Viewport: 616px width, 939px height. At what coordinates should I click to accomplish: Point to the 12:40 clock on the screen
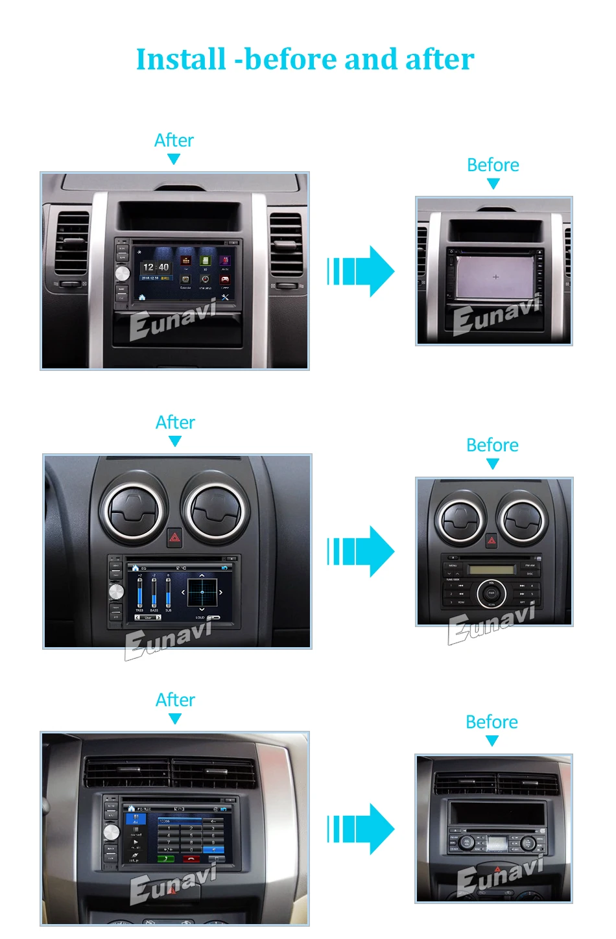point(156,267)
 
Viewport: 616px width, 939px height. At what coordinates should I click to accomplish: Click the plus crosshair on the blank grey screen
point(496,277)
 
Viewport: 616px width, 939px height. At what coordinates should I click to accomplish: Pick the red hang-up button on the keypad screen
point(192,859)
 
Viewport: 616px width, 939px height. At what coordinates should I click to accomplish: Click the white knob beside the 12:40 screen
point(123,273)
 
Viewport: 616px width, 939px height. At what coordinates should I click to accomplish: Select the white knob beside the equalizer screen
point(116,591)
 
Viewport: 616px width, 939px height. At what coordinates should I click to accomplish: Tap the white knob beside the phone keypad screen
point(112,832)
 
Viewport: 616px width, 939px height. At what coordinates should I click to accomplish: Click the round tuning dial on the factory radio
point(492,593)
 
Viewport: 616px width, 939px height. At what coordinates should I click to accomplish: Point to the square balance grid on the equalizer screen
point(202,592)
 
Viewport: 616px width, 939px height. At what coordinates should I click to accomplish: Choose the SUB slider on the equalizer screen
point(168,591)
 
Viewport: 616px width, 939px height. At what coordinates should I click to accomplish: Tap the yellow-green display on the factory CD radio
point(486,570)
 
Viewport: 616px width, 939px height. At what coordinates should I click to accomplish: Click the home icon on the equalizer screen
point(136,568)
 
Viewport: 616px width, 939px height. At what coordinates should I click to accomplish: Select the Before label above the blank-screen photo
point(493,165)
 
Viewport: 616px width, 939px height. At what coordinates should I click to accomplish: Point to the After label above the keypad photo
point(175,700)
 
